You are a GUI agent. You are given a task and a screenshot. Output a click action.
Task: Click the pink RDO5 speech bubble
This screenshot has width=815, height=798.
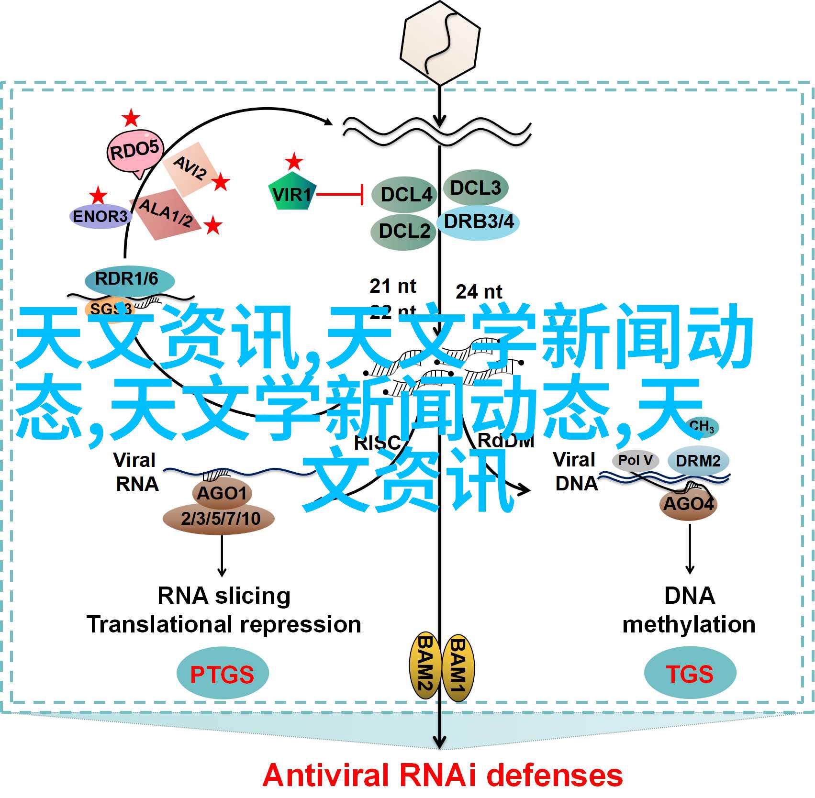[x=135, y=152]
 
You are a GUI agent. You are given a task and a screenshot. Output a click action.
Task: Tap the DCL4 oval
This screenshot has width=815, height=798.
[x=405, y=195]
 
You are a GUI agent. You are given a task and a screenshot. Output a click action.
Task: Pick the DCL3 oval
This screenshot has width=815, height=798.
[x=475, y=188]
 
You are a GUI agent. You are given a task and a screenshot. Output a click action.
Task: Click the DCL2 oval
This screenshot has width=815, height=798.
[x=403, y=232]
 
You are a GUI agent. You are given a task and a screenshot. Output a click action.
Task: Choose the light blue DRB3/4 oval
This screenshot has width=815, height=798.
[x=478, y=222]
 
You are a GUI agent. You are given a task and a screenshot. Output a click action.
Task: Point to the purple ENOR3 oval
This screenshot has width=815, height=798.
[x=100, y=217]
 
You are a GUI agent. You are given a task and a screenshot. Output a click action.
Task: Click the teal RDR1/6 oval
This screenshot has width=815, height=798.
[x=128, y=279]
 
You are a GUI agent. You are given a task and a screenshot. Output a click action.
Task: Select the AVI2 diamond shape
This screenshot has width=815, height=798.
[x=190, y=168]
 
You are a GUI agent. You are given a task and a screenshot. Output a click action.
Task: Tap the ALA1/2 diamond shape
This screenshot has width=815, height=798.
[x=165, y=213]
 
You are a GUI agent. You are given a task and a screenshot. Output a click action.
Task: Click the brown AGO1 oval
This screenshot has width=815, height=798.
[x=222, y=493]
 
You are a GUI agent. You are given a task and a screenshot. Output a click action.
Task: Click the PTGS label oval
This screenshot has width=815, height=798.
[x=222, y=674]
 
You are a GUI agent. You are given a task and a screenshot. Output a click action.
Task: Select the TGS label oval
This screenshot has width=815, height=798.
[x=690, y=673]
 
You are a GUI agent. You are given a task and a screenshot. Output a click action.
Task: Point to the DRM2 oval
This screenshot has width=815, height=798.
[x=698, y=461]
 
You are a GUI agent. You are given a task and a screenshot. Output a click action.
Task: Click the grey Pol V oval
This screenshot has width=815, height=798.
[x=635, y=460]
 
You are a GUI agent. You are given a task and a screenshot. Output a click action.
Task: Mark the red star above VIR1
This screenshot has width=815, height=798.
[x=294, y=162]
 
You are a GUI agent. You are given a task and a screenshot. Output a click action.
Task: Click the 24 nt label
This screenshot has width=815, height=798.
[x=479, y=291]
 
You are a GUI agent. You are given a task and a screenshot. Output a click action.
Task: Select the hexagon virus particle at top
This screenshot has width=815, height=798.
[x=440, y=43]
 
